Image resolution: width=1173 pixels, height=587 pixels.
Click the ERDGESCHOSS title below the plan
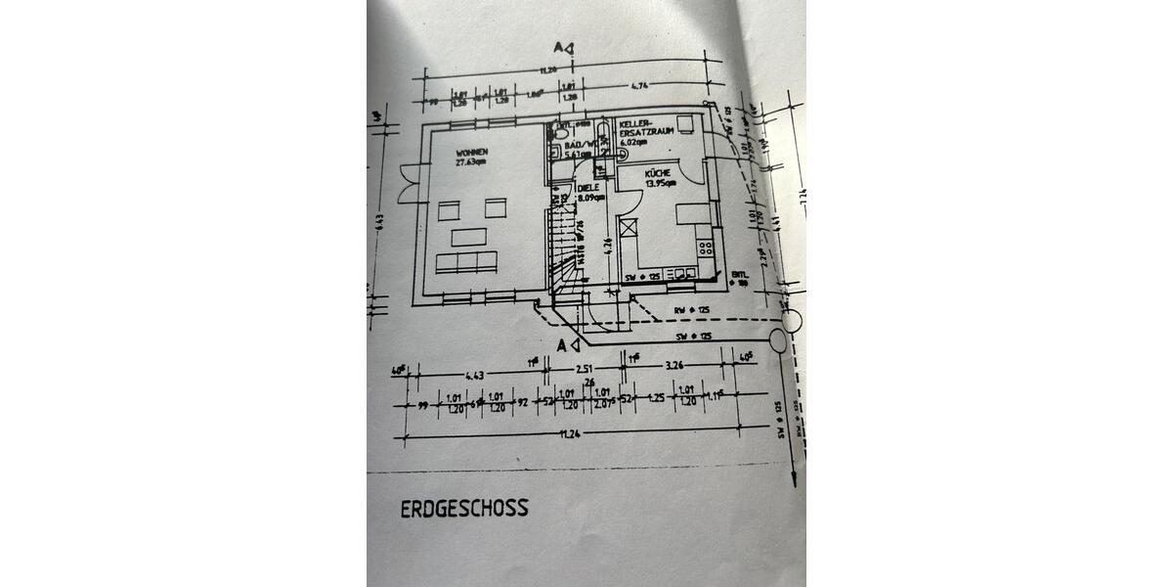point(464,509)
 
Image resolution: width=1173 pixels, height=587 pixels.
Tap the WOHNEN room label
point(471,153)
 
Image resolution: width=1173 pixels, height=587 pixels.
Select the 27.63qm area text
point(471,163)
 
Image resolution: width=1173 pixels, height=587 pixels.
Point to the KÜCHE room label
point(657,172)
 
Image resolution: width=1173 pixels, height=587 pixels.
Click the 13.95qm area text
point(661,183)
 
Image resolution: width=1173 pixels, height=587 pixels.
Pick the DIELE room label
point(587,188)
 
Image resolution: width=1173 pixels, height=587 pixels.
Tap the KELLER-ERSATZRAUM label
point(640,129)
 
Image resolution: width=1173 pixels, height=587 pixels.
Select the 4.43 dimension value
point(475,375)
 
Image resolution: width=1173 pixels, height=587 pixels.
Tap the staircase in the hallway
point(562,245)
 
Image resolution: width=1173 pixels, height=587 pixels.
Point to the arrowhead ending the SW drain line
point(792,479)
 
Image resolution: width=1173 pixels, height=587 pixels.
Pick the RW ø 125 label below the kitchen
point(692,312)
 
